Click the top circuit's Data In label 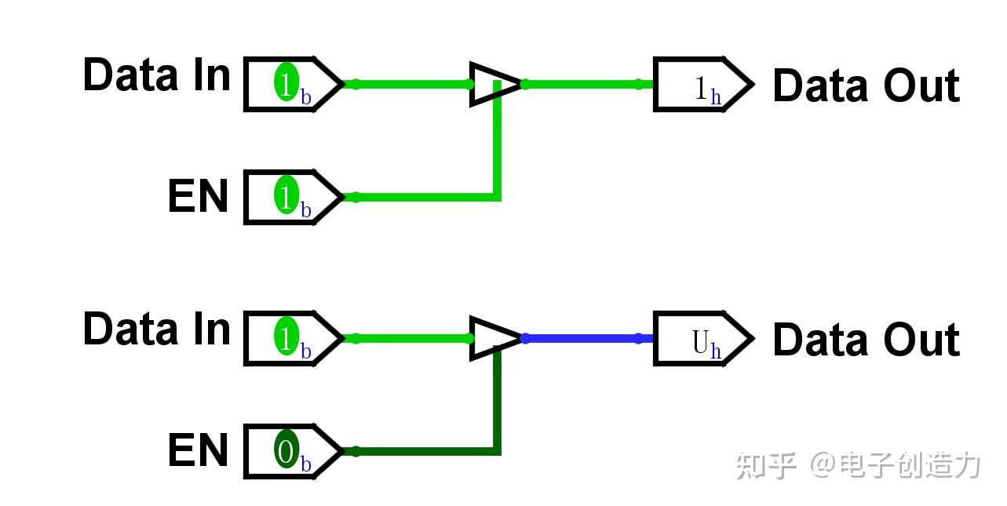click(157, 75)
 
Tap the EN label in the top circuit click(198, 195)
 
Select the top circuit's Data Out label click(867, 86)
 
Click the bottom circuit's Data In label click(157, 329)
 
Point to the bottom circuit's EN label click(198, 450)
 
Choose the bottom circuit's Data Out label click(867, 340)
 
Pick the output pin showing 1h click(703, 84)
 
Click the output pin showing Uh click(703, 338)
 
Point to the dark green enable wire click(497, 451)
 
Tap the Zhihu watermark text click(858, 465)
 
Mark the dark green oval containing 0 click(286, 449)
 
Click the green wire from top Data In click(407, 84)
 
